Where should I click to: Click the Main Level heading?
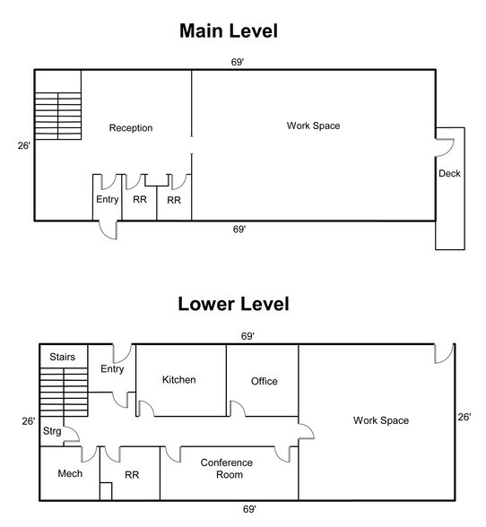point(229,30)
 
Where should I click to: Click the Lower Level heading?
point(233,304)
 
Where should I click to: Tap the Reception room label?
point(131,127)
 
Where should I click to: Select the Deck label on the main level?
point(449,174)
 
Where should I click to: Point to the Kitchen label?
point(179,379)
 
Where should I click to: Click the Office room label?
point(265,381)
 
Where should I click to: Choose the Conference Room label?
point(227,469)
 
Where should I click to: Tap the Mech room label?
point(70,473)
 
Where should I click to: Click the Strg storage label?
point(52,431)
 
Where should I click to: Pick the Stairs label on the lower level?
point(62,357)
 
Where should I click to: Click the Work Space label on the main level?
point(313,125)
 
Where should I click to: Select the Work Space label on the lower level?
point(381,420)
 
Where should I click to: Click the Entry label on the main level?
point(108,199)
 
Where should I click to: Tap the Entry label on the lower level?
point(112,369)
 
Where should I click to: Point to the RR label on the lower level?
point(132,475)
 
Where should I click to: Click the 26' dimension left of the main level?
point(24,145)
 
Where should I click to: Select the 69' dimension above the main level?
point(237,62)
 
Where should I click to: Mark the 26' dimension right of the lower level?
point(464,417)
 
